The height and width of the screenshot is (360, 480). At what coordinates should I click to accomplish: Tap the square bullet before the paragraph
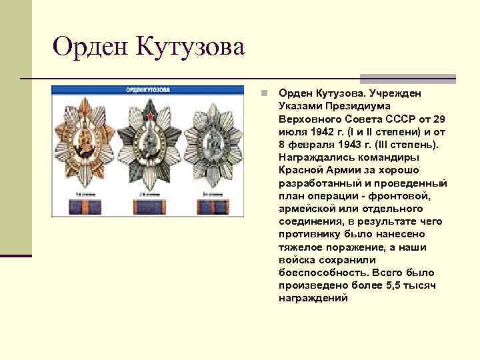tap(264, 93)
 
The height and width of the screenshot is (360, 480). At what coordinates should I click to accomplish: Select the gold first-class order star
tap(87, 141)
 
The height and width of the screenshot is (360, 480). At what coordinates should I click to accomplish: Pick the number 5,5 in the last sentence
tap(395, 285)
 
